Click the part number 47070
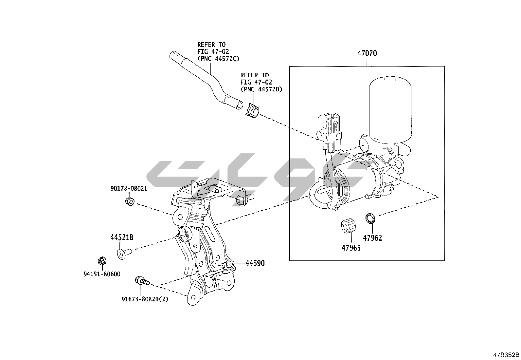[367, 53]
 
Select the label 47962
[372, 238]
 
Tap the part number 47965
[351, 248]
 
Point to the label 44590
[255, 263]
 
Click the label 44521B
[122, 238]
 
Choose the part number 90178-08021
[129, 189]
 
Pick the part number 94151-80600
[102, 274]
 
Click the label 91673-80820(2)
[145, 299]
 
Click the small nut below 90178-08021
[130, 201]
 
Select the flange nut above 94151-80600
[101, 261]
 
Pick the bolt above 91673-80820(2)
[142, 281]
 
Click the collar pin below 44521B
[123, 253]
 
